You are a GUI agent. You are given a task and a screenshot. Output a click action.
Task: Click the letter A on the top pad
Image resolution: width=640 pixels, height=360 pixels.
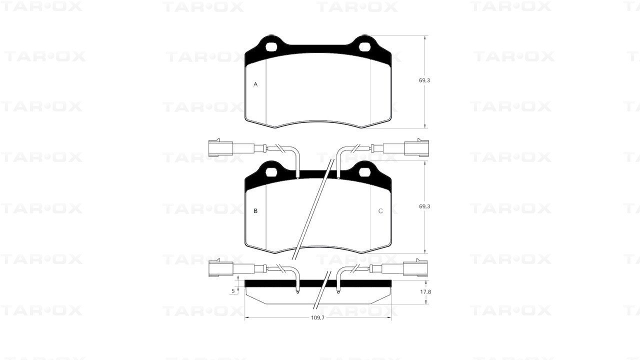coord(255,84)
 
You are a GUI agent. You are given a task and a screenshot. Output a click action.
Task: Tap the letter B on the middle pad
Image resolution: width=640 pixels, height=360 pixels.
coord(255,211)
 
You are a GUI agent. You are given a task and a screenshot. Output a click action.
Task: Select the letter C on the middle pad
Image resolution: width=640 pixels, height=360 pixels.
coord(380,211)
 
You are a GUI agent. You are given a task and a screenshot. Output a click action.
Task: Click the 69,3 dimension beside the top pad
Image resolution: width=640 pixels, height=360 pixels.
coord(424,80)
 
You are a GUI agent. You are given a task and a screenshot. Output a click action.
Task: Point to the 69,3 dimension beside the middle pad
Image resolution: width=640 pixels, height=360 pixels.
coord(424,206)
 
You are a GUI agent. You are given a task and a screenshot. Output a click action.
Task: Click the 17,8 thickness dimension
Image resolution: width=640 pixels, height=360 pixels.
coord(425,291)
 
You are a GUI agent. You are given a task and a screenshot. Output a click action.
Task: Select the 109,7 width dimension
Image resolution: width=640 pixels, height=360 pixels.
coord(317,317)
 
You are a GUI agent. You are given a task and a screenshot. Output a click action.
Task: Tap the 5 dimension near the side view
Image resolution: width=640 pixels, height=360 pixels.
coord(233,291)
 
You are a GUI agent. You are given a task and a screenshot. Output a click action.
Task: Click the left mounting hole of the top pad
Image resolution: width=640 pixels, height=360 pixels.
coord(271,47)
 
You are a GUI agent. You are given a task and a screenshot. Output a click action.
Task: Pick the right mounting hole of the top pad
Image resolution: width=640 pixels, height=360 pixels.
coord(365,47)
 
